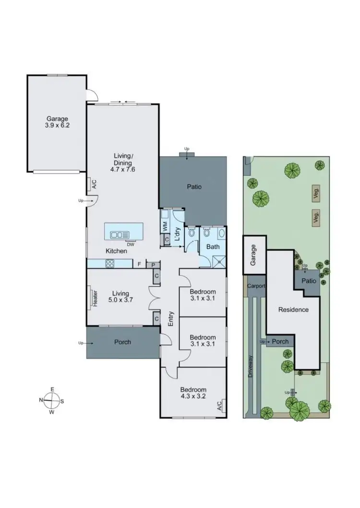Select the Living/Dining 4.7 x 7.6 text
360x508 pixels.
point(123,162)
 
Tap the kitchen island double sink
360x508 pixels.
point(120,235)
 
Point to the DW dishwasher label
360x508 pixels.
point(131,244)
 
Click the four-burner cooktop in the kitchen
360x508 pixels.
point(110,263)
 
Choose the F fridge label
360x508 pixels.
point(139,264)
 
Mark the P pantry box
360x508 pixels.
point(153,264)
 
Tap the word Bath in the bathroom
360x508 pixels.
point(213,247)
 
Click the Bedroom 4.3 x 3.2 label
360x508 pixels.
point(193,393)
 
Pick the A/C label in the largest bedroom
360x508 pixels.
point(219,406)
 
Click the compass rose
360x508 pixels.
point(52,400)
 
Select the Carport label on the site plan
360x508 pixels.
point(256,285)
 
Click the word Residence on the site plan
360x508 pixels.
point(293,309)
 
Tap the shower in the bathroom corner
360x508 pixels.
point(218,261)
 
